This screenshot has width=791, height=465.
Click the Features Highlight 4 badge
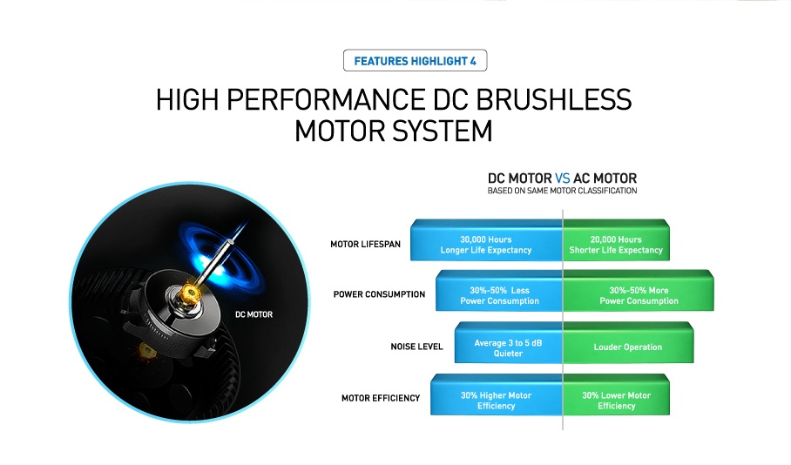click(x=416, y=61)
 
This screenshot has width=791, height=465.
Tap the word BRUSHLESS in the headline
click(x=553, y=99)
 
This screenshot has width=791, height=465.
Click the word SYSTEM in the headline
click(x=443, y=131)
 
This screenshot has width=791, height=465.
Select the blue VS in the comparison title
click(x=563, y=179)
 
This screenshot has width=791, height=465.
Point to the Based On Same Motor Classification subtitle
click(x=562, y=191)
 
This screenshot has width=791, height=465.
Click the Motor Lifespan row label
click(x=365, y=244)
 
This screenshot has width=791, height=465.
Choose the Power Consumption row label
click(x=379, y=294)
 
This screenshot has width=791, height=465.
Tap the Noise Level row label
click(x=416, y=347)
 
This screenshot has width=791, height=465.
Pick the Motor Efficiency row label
click(x=381, y=399)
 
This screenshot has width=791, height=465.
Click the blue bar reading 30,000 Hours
click(x=486, y=240)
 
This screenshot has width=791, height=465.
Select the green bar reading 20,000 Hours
click(x=616, y=240)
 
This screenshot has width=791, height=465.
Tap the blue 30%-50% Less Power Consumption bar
click(x=499, y=291)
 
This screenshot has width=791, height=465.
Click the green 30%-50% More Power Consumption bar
click(x=639, y=291)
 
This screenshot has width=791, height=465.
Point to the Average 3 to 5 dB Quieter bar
click(x=508, y=343)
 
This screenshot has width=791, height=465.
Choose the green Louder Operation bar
click(x=628, y=343)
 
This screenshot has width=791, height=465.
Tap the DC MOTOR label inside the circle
click(x=254, y=314)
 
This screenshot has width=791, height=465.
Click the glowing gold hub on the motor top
click(x=190, y=293)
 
